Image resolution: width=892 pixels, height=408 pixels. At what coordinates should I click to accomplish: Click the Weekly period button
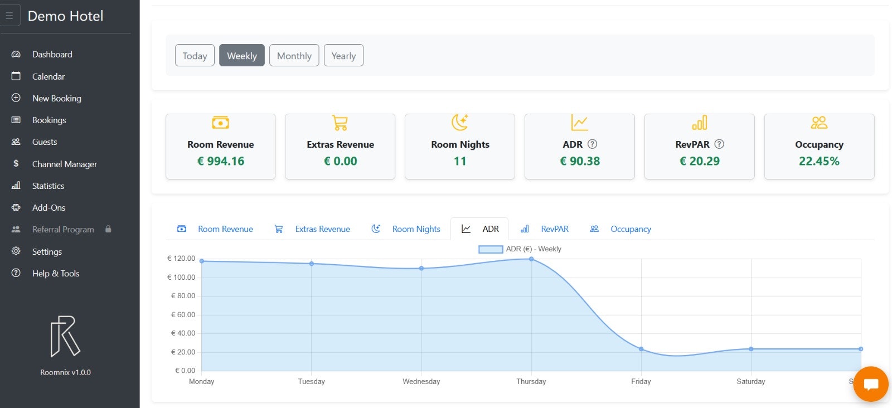point(241,56)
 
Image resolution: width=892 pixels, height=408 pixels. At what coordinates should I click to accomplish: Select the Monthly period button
point(294,56)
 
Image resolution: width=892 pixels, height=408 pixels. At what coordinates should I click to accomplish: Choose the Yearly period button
point(343,56)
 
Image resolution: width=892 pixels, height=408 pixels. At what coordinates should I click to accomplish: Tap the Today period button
point(195,56)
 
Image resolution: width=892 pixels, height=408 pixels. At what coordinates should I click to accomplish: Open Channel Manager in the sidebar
point(64,164)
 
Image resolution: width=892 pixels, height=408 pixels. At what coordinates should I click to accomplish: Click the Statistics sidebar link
point(48,186)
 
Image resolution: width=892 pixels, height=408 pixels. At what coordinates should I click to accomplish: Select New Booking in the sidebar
point(56,98)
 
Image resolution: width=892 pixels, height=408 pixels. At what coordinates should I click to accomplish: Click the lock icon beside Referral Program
point(108,229)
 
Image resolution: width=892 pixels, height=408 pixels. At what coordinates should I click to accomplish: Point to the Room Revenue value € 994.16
point(221,161)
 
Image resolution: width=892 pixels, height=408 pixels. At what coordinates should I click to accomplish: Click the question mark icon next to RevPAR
point(719,144)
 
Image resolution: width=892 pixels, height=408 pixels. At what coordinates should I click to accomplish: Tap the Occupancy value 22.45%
point(819,161)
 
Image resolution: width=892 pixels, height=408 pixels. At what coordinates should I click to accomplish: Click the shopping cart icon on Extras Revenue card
point(340,123)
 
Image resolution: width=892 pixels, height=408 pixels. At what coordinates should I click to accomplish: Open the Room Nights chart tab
point(416,229)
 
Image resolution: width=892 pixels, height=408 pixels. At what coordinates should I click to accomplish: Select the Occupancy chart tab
point(630,229)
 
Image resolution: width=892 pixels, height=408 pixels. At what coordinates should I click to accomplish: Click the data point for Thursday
point(531,259)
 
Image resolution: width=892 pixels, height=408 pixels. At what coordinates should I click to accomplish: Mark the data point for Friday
point(641,349)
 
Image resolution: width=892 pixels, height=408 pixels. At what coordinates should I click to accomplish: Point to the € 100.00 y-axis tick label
point(181,277)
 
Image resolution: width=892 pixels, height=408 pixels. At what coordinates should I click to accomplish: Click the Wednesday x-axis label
point(421,382)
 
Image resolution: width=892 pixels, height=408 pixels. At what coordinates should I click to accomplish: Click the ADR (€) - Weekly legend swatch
point(491,249)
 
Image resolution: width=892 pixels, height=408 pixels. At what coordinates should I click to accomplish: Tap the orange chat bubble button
point(870,384)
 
